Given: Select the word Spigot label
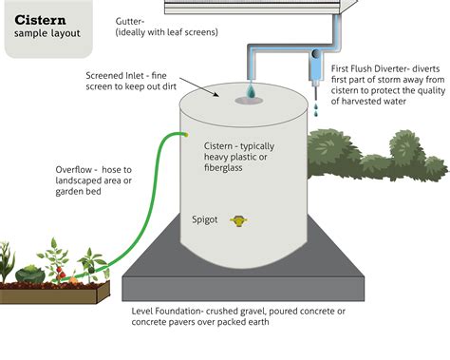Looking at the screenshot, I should [x=205, y=219].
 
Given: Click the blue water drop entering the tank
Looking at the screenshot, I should [x=250, y=91].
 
